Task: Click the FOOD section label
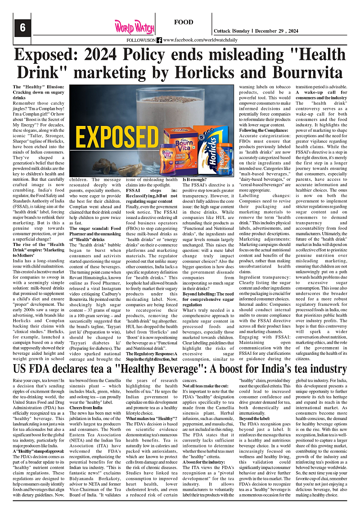[184, 22]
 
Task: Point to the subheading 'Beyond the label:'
[254, 418]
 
